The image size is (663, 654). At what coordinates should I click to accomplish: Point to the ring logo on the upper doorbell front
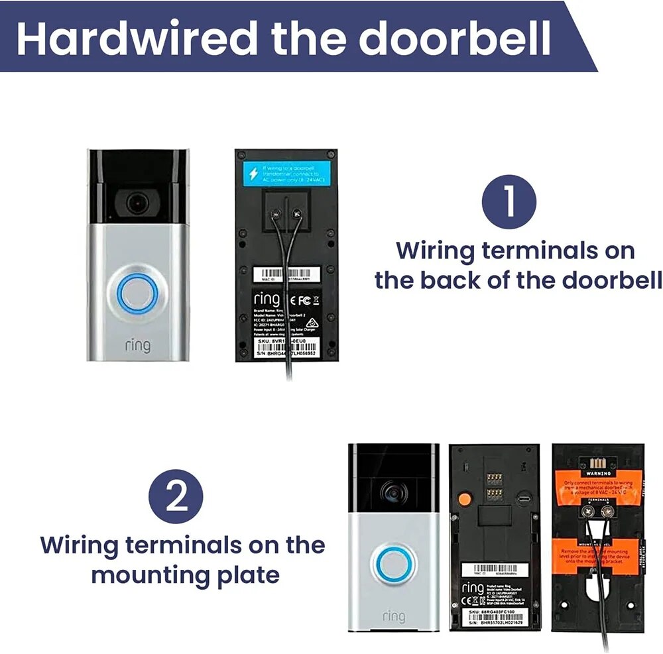click(x=137, y=345)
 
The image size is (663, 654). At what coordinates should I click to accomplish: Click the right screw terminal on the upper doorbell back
click(x=295, y=213)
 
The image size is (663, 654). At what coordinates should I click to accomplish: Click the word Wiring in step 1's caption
click(x=434, y=251)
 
